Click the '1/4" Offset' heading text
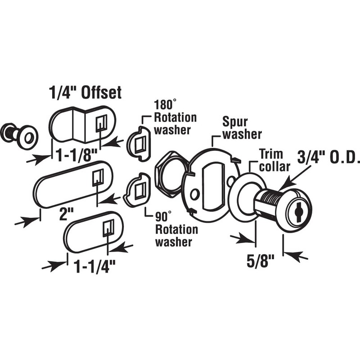point(85,93)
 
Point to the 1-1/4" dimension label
point(95,266)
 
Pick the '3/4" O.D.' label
point(328,157)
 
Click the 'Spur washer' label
point(242,128)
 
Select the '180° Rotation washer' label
point(175,117)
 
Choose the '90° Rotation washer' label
point(176,229)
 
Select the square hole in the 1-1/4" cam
point(108,228)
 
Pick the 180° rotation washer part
point(139,144)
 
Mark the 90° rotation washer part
point(137,189)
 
